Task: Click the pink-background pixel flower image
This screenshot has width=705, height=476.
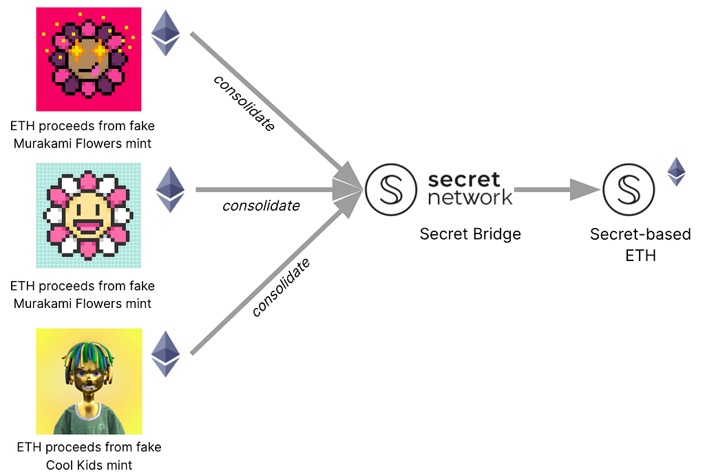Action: (89, 59)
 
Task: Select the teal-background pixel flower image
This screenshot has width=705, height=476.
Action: (89, 215)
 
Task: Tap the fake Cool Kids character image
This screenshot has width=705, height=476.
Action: (89, 381)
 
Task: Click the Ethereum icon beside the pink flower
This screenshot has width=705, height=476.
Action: (165, 32)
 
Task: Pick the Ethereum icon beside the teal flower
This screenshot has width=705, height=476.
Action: (170, 189)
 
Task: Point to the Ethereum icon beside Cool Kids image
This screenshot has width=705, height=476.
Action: (165, 353)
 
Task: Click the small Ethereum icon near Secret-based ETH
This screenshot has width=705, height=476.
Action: (677, 172)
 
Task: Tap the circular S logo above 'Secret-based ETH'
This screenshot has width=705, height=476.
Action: (629, 188)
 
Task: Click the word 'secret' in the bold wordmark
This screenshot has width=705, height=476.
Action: (464, 180)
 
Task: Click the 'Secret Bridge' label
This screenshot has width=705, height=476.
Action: (470, 234)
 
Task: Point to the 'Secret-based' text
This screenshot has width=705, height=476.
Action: (640, 234)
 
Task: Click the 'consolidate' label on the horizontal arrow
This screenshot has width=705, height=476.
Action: (261, 205)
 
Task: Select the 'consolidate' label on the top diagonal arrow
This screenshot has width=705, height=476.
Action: (244, 103)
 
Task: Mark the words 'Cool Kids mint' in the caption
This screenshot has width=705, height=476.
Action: (89, 465)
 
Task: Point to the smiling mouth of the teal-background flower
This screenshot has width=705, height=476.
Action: (89, 224)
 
